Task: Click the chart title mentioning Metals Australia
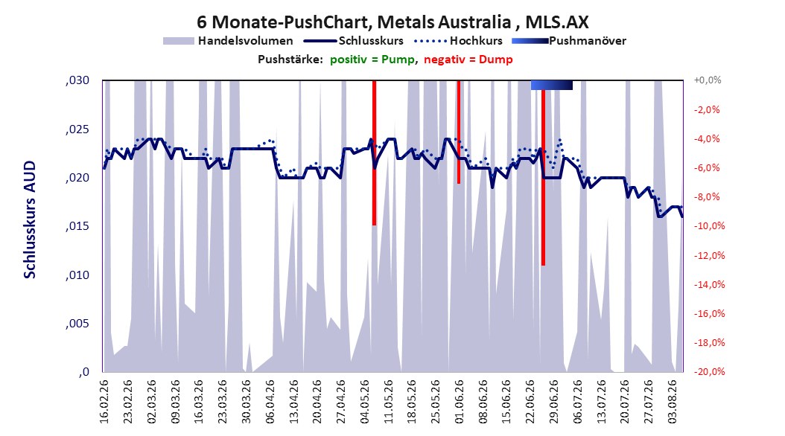click(392, 22)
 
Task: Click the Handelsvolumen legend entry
click(229, 41)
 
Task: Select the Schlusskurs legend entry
click(354, 41)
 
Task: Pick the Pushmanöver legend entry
click(569, 41)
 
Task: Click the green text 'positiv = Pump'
click(372, 60)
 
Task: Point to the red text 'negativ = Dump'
click(468, 60)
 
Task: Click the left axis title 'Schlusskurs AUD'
click(30, 219)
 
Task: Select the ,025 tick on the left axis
click(77, 129)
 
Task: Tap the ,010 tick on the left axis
click(77, 275)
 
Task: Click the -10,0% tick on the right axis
click(708, 226)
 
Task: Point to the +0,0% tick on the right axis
click(707, 80)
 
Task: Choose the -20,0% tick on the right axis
click(708, 371)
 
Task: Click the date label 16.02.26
click(104, 402)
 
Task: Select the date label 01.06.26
click(459, 402)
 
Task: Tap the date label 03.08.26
click(673, 402)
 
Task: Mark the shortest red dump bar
click(459, 132)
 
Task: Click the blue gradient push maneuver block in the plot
click(552, 85)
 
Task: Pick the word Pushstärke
click(290, 60)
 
